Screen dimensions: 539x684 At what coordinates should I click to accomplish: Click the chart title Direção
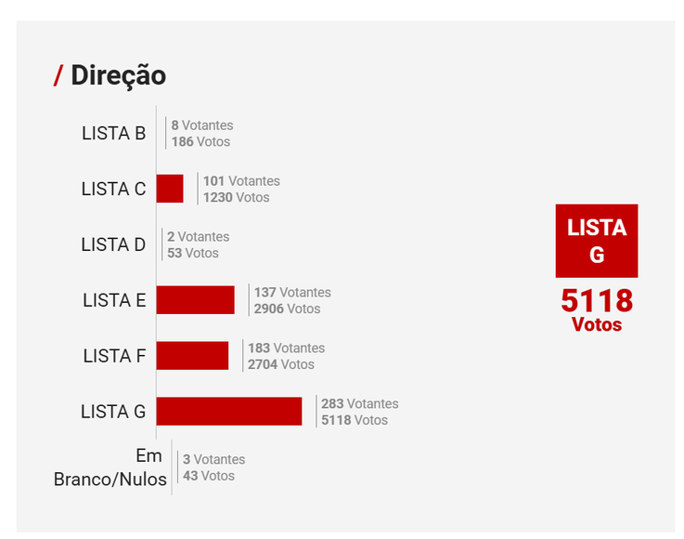pos(118,75)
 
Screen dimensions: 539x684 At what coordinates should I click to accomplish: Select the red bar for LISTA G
pos(228,411)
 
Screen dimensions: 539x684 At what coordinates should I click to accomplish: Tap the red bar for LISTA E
pos(195,299)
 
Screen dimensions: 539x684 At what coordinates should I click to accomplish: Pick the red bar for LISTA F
pos(192,355)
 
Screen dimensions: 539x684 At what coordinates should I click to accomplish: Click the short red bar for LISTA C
pos(169,189)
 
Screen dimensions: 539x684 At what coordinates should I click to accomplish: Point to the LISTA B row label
pos(113,133)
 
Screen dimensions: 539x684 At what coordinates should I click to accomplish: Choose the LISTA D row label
pos(113,244)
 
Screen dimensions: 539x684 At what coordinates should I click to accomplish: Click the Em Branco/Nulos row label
pos(110,467)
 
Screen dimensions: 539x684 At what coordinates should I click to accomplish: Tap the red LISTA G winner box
pos(596,241)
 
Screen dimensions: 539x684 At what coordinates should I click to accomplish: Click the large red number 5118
pos(596,301)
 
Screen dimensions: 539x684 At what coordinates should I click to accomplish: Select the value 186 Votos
pos(200,141)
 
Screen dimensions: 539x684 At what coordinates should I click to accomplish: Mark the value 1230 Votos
pos(236,197)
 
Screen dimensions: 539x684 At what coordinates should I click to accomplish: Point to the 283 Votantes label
pos(359,403)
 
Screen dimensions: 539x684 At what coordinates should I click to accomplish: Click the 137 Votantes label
pos(292,292)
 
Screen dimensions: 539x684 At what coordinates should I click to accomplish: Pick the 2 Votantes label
pos(198,236)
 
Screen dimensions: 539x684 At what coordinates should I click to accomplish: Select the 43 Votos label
pos(209,476)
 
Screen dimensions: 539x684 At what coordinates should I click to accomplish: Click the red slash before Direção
pos(58,76)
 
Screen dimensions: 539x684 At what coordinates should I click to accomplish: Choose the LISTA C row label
pos(113,189)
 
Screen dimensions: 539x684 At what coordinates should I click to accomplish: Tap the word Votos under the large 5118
pos(596,325)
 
